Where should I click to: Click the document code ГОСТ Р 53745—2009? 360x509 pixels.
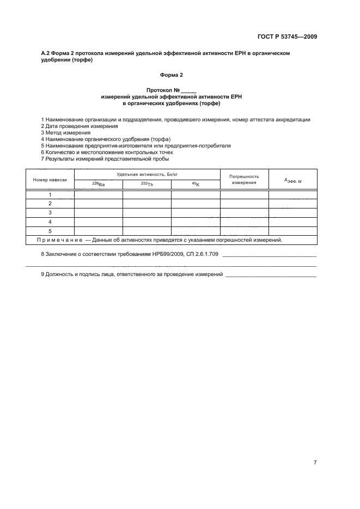(287, 37)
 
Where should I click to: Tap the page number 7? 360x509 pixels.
(315, 463)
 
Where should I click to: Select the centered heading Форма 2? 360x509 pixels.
(171, 75)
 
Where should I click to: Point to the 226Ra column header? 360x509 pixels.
(98, 185)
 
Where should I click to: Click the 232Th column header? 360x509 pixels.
(147, 185)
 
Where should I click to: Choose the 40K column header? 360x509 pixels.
(195, 185)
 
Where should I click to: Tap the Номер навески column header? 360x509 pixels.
(50, 179)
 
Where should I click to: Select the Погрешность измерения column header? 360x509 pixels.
(244, 180)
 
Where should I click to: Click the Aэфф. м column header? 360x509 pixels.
(292, 180)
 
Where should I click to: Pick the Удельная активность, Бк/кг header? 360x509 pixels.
(147, 174)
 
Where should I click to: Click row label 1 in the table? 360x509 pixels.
(50, 194)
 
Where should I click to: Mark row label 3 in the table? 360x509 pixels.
(50, 213)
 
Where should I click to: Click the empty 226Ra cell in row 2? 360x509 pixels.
(98, 204)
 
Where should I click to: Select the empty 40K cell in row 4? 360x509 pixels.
(195, 222)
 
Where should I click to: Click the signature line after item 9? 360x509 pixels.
(271, 275)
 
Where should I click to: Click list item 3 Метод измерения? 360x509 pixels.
(66, 133)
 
